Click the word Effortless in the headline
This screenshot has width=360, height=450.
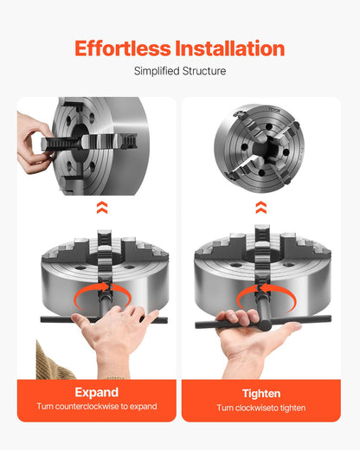pos(122,48)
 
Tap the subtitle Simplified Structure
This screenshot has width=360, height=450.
pos(180,71)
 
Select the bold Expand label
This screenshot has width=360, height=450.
pos(96,393)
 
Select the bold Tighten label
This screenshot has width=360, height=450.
pos(261,393)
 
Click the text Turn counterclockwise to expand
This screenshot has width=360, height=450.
pos(96,407)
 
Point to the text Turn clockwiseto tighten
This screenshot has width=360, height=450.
pos(261,408)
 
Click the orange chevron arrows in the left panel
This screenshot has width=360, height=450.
pos(102,207)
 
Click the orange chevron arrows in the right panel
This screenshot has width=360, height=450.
pos(261,207)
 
